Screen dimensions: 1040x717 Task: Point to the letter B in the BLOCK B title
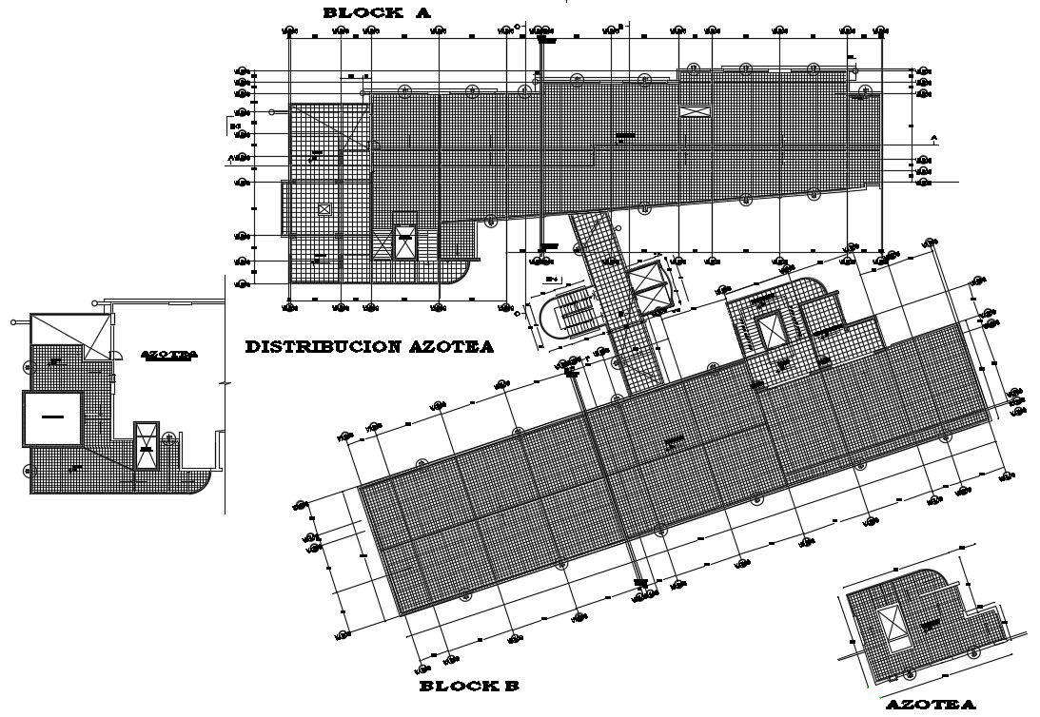(511, 686)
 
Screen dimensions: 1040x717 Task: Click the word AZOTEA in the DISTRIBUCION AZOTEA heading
(457, 347)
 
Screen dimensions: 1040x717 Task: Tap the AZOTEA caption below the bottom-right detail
(931, 705)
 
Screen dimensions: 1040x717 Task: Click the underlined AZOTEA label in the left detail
(168, 355)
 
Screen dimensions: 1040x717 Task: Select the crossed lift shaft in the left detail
(146, 445)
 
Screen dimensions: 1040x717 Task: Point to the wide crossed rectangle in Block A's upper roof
(694, 111)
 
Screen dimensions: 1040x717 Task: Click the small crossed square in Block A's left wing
(325, 208)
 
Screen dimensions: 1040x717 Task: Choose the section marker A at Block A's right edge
(933, 139)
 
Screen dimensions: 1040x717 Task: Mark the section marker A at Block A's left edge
(231, 157)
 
